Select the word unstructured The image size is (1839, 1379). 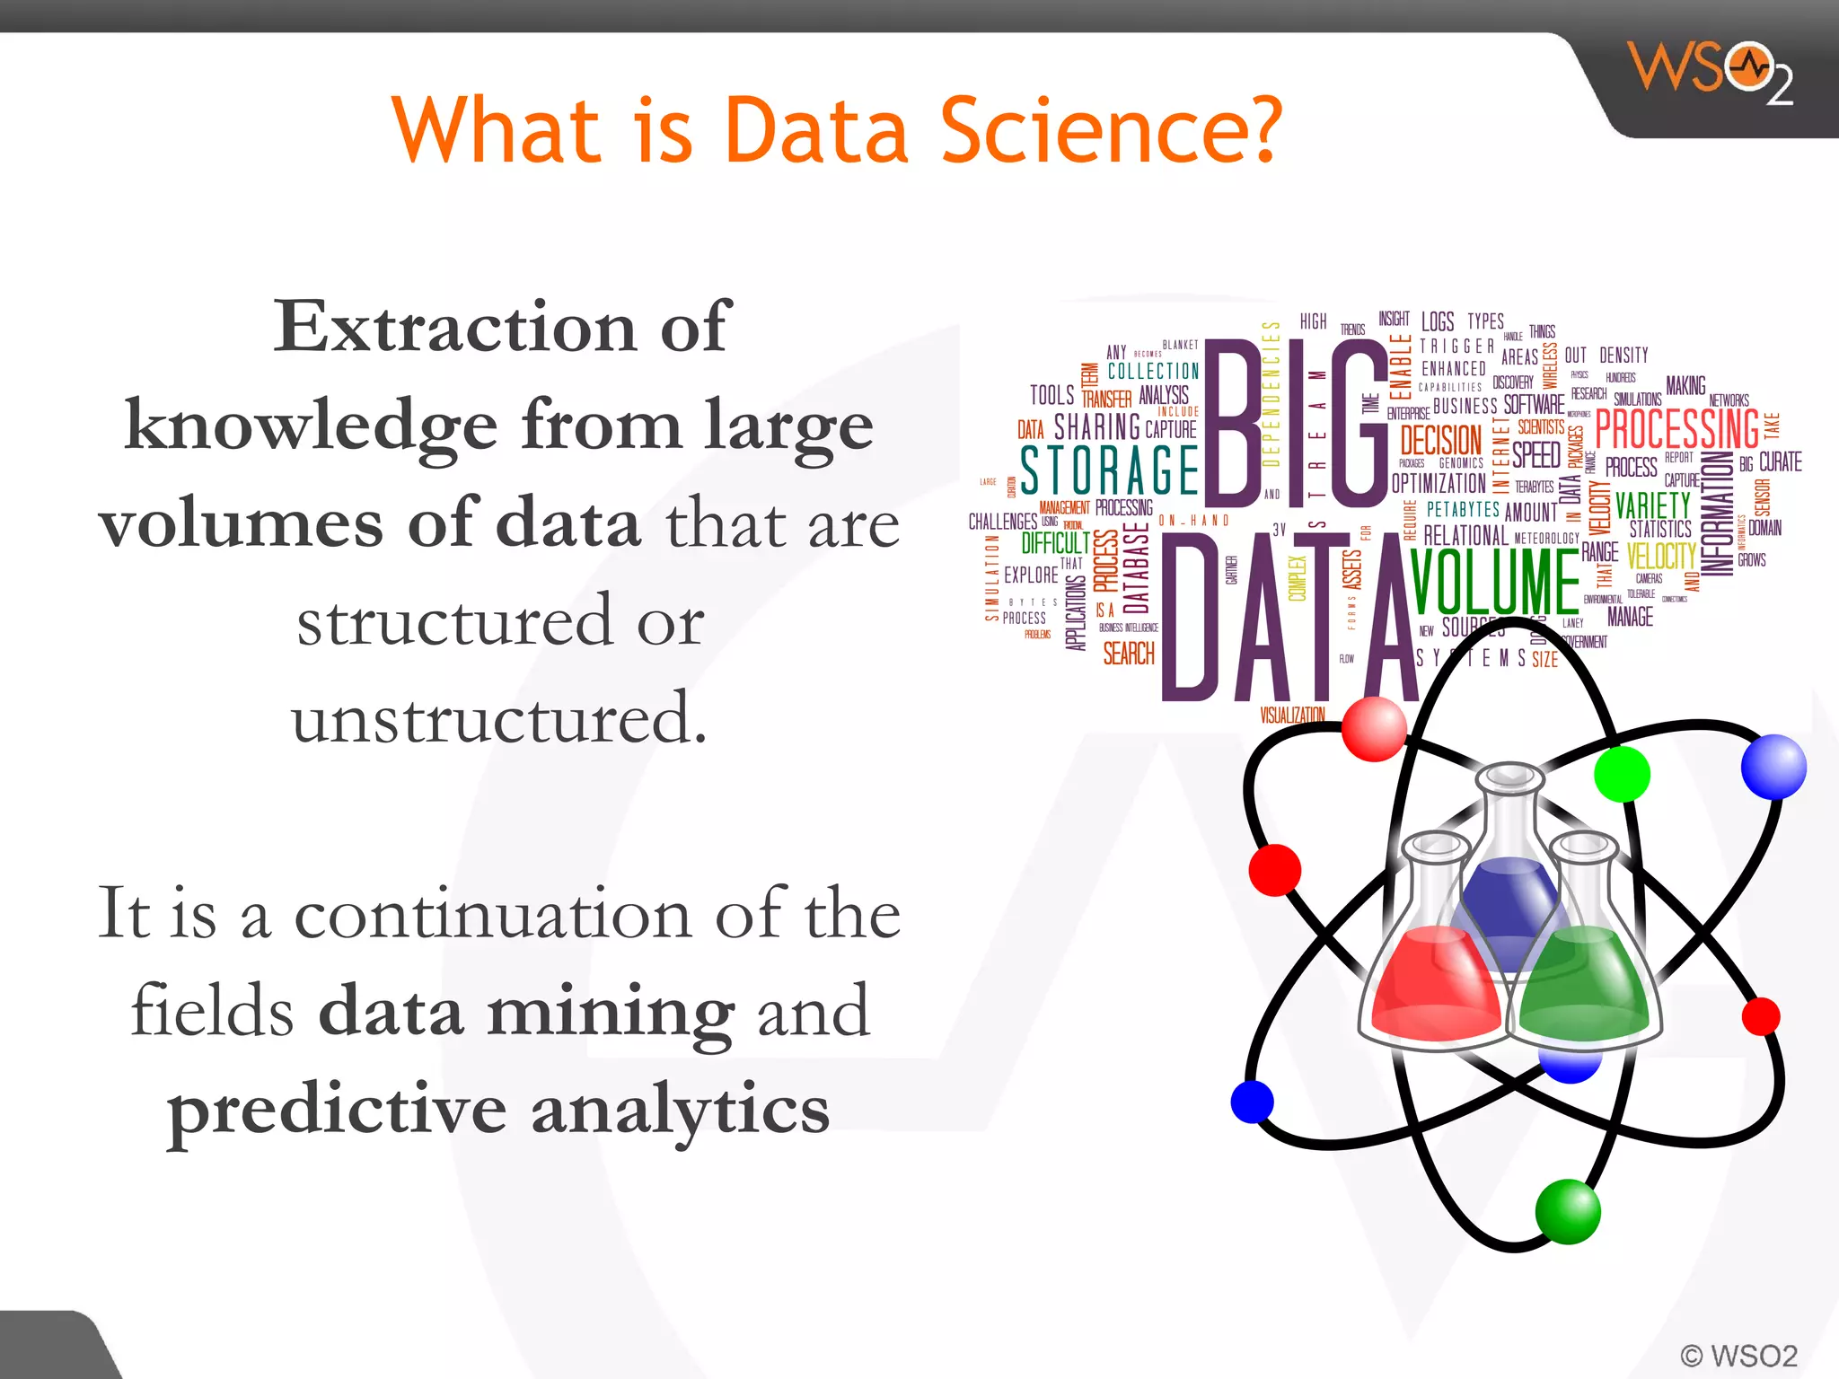pos(499,718)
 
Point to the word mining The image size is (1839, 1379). pos(611,1012)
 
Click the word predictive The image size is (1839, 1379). pos(338,1111)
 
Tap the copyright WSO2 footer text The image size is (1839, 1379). pos(1738,1355)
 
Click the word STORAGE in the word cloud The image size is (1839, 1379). pos(1110,470)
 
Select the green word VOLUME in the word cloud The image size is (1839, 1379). pos(1495,582)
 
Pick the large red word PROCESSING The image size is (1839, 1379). pos(1676,429)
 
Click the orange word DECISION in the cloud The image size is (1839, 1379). pos(1440,441)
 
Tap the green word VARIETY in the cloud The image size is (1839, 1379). pos(1652,505)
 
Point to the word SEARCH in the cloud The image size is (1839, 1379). pos(1129,654)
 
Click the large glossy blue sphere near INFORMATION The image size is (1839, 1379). pos(1773,767)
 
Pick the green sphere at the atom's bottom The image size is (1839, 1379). pos(1568,1212)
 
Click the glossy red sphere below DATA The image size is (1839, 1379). pos(1374,729)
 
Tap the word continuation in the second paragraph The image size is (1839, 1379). pos(493,915)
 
